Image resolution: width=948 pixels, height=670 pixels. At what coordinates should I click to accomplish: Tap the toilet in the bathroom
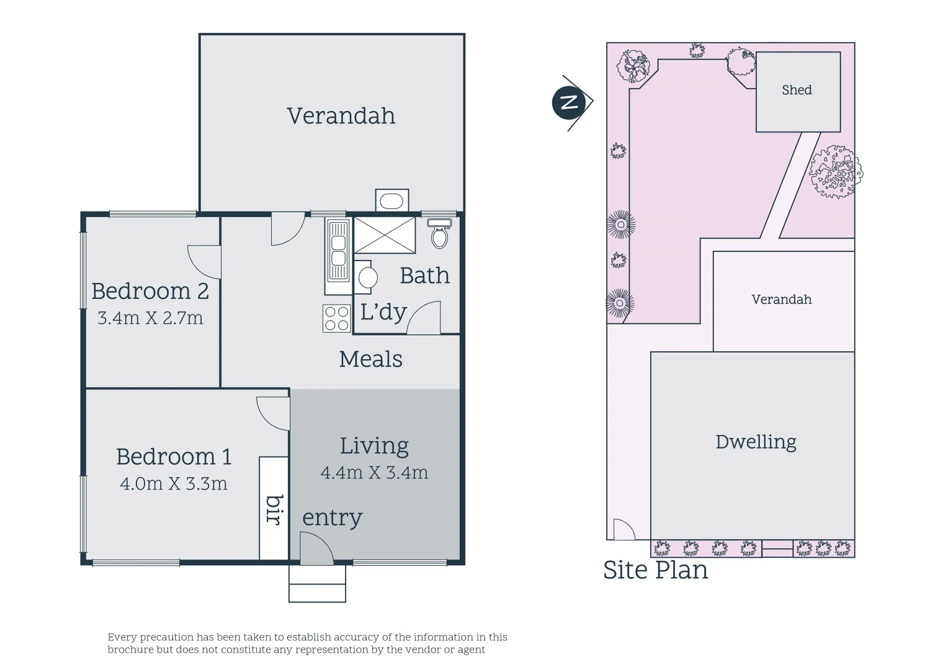pyautogui.click(x=439, y=233)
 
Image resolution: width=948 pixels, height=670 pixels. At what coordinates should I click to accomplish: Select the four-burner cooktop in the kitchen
pyautogui.click(x=336, y=318)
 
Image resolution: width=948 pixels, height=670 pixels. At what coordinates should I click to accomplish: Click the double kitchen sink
pyautogui.click(x=338, y=251)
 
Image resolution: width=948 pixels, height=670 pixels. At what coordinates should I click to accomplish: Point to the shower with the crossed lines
pyautogui.click(x=384, y=235)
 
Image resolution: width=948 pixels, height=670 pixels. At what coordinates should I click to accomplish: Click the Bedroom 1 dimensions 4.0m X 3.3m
pyautogui.click(x=174, y=483)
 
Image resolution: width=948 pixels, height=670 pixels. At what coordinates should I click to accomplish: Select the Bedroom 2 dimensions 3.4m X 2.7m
pyautogui.click(x=150, y=318)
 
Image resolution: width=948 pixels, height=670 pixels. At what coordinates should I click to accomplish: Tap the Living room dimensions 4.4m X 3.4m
pyautogui.click(x=374, y=472)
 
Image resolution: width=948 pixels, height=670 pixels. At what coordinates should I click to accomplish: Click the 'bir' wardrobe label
pyautogui.click(x=274, y=509)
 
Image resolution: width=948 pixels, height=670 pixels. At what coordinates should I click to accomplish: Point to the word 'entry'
pyautogui.click(x=332, y=517)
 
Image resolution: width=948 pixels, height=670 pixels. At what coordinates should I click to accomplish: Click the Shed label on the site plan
pyautogui.click(x=797, y=90)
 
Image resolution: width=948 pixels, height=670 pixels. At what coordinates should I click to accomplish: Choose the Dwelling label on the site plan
pyautogui.click(x=756, y=442)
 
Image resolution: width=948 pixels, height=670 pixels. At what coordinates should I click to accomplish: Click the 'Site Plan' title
pyautogui.click(x=655, y=569)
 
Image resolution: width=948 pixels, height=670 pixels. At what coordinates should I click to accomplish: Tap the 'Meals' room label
pyautogui.click(x=371, y=359)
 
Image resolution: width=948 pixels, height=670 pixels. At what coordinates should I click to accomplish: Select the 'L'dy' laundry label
pyautogui.click(x=383, y=312)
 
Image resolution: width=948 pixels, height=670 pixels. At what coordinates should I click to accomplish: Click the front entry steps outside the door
pyautogui.click(x=317, y=583)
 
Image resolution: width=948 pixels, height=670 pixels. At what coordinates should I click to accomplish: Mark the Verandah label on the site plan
pyautogui.click(x=781, y=300)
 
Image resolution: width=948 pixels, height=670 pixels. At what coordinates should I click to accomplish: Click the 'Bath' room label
pyautogui.click(x=424, y=276)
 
